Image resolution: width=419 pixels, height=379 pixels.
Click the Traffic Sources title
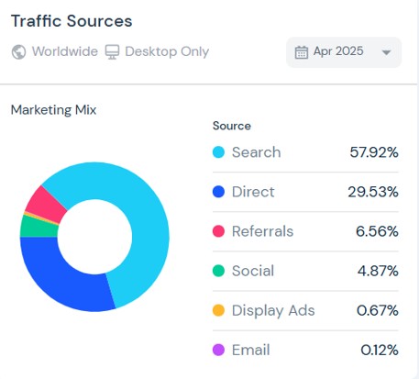72,21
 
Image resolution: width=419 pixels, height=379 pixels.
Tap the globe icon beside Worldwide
18,51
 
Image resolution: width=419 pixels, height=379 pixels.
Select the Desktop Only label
167,51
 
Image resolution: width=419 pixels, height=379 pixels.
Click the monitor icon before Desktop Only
112,51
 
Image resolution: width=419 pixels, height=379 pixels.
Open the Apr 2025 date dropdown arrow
386,52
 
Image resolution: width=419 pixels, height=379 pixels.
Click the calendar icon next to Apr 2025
302,52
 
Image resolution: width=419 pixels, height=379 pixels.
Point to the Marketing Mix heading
53,110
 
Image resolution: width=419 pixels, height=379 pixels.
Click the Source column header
232,126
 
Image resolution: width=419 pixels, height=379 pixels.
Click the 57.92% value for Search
374,152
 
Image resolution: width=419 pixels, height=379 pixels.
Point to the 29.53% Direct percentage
373,192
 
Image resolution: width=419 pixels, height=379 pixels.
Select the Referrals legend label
262,231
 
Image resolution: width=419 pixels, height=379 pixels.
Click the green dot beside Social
218,271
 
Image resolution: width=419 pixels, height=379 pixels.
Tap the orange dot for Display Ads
218,310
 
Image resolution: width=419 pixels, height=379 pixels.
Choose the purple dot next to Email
218,350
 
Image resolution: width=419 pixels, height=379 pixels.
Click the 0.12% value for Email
380,350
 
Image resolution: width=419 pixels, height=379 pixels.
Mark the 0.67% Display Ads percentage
378,310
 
